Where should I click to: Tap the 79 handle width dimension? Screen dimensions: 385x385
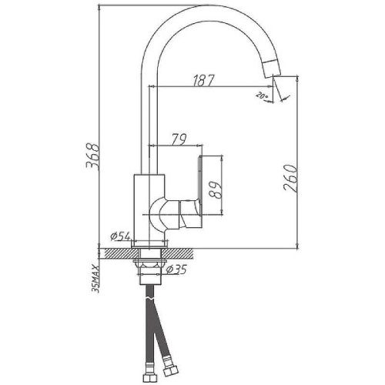coord(178,139)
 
